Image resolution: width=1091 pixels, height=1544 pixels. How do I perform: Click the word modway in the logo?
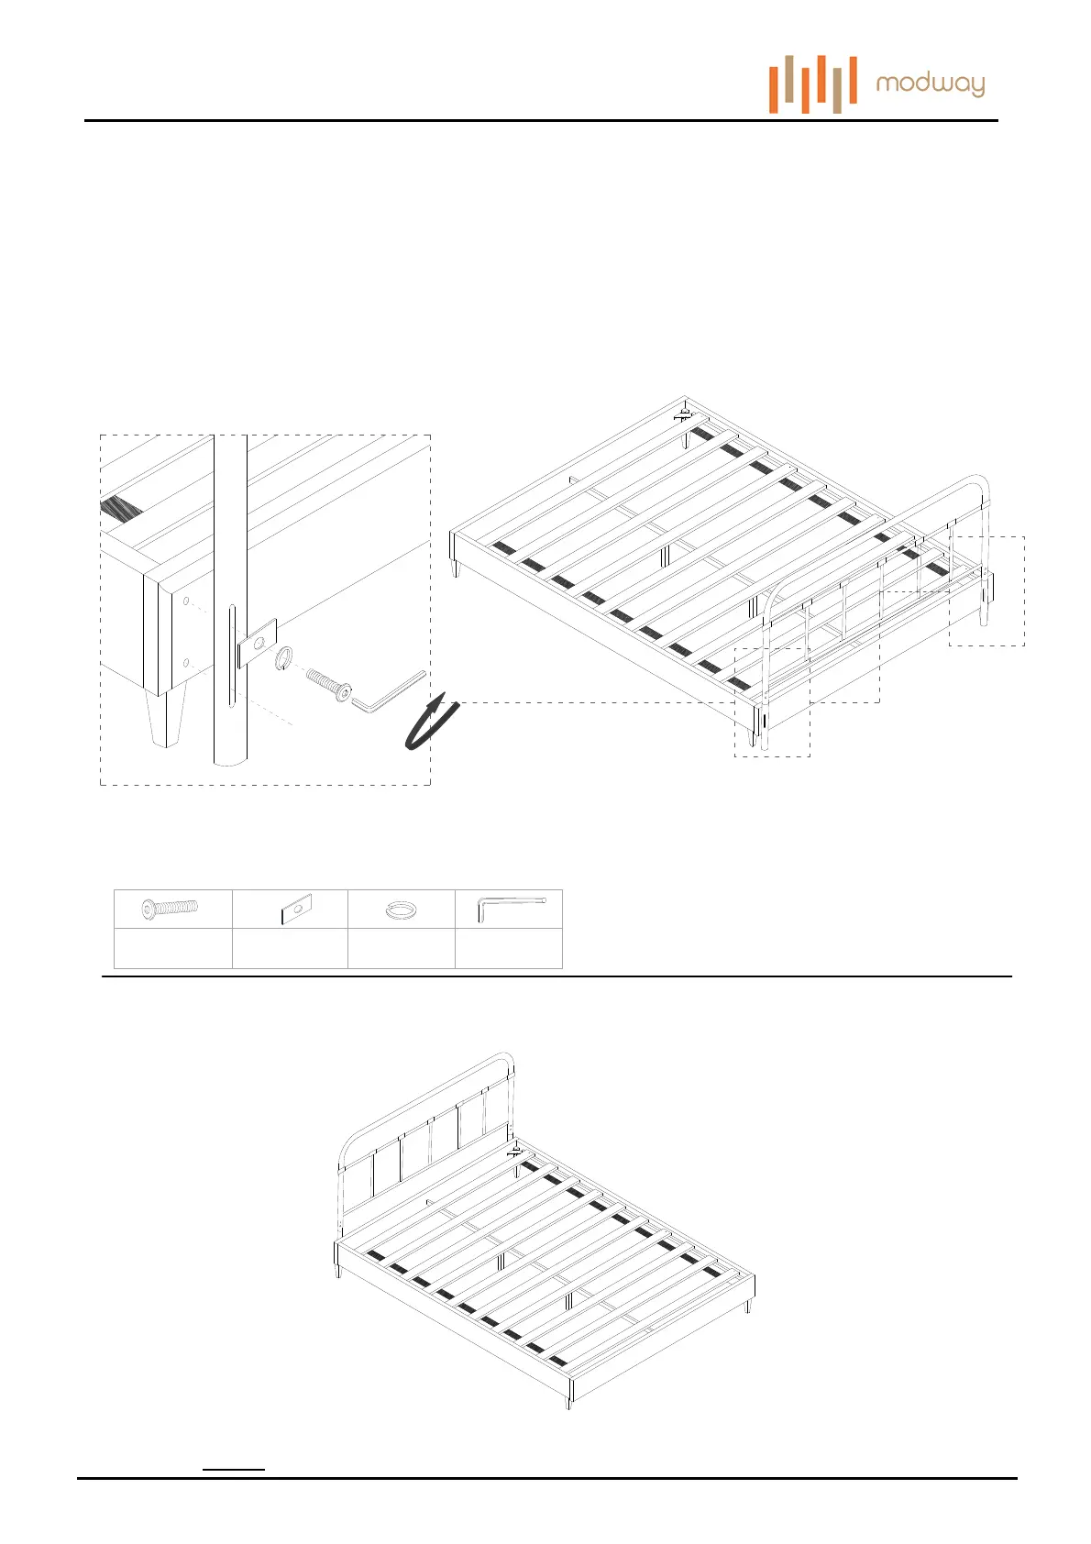[930, 85]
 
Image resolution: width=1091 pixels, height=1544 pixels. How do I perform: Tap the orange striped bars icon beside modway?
[812, 84]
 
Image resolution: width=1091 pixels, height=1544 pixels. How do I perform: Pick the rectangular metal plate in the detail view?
[258, 643]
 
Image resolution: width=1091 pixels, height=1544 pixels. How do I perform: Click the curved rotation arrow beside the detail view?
[431, 723]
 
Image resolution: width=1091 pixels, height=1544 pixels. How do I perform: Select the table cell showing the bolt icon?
[172, 909]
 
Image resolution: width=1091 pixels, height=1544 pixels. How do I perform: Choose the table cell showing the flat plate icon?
[290, 909]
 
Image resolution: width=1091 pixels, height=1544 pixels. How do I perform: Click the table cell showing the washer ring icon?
[402, 909]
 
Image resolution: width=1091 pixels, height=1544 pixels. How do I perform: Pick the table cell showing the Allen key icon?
[509, 909]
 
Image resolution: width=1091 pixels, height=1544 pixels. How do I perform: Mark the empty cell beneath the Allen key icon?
[509, 948]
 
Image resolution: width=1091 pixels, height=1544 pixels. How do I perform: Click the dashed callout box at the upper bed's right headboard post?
[986, 591]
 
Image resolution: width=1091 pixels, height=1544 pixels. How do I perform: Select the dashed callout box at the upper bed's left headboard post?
[772, 701]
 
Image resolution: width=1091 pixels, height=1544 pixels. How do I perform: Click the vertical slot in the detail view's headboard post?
[232, 655]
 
